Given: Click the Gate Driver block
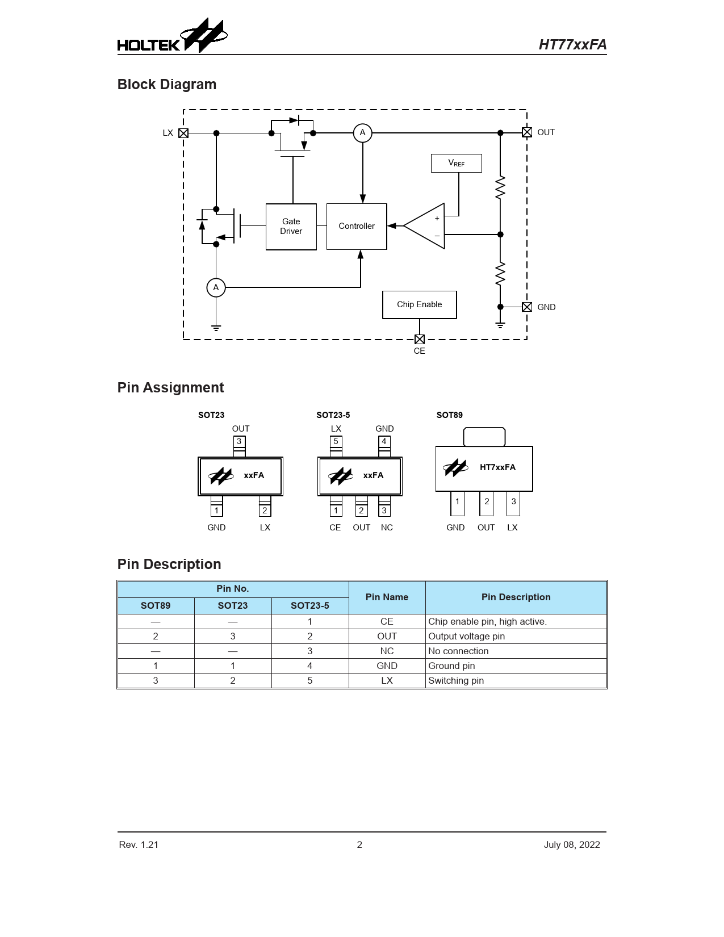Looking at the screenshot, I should click(291, 227).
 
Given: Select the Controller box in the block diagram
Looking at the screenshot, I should click(357, 226).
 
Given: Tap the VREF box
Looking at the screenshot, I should click(456, 163).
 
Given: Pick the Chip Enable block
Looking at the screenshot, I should click(419, 304).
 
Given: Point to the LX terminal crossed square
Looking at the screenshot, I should click(183, 133).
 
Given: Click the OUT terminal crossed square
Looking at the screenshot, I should click(527, 132).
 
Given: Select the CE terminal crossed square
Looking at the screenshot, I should click(420, 339).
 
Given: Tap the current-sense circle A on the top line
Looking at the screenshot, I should click(362, 133).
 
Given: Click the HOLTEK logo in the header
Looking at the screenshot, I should click(171, 36).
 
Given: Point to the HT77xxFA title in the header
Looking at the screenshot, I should click(572, 45).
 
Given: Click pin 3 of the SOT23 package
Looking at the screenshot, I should click(239, 442).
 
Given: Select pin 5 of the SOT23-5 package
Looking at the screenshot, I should click(336, 442).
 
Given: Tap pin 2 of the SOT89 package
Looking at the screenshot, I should click(487, 502).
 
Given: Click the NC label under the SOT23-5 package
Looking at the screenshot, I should click(387, 528).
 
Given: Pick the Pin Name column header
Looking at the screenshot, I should click(387, 597).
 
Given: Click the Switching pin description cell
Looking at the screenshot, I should click(516, 680).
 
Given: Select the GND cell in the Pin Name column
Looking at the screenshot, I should click(387, 666).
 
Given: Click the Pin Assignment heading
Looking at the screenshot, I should click(170, 387).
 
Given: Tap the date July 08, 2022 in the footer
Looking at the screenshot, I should click(571, 844).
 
